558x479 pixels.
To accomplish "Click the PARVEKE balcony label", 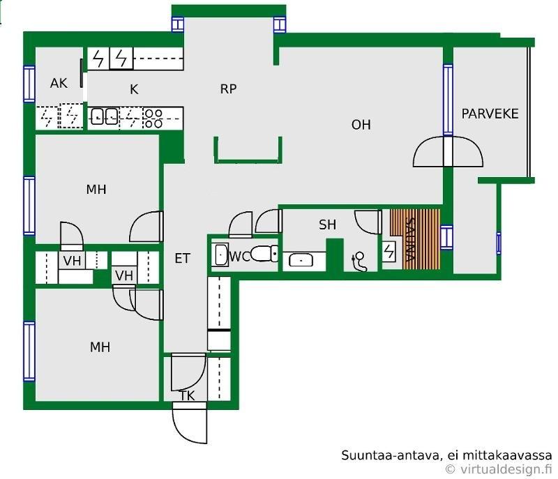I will point(490,114).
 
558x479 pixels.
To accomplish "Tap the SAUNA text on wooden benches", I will point(412,239).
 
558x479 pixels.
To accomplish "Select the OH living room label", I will point(361,125).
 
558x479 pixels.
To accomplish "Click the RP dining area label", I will point(228,89).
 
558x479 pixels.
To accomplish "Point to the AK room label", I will point(59,84).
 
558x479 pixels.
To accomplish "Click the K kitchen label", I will point(134,89).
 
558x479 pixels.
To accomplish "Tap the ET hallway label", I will point(182,259).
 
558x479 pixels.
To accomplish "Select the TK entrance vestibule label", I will point(187,396).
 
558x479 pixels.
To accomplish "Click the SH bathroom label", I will point(327,225).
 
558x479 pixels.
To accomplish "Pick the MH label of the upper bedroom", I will point(96,189).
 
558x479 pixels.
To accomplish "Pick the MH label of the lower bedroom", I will point(100,347).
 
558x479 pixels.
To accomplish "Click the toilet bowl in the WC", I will point(264,254).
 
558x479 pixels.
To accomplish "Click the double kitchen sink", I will point(104,116).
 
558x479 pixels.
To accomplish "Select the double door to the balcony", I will point(447,152).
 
